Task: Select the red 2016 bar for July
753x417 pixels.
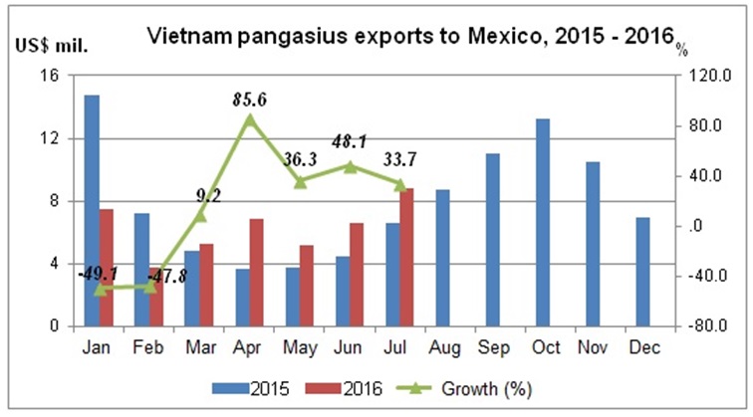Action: click(406, 257)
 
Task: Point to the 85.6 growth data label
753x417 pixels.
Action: click(250, 99)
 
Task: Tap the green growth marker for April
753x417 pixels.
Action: click(250, 119)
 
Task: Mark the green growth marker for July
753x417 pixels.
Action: click(399, 184)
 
